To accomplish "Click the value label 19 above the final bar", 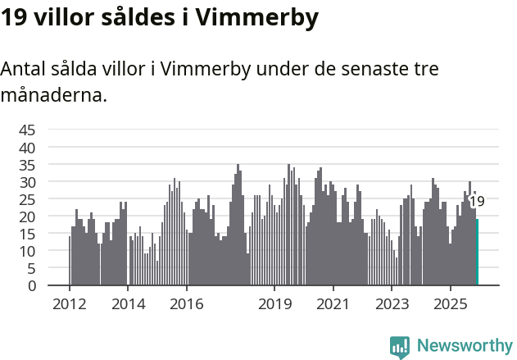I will [476, 202].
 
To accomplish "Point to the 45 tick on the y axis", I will [27, 130].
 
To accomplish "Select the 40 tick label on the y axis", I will [27, 147].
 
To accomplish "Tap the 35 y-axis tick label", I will [27, 164].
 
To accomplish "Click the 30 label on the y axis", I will [27, 181].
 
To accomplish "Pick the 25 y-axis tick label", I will [27, 199].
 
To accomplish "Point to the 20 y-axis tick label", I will [27, 216].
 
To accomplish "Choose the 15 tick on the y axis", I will [27, 234].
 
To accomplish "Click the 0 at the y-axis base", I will [32, 285].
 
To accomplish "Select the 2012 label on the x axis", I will [69, 304].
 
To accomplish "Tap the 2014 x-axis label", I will [128, 304].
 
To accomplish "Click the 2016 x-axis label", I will [187, 304].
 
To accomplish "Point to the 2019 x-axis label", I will [274, 304].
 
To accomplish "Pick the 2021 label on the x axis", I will [333, 304].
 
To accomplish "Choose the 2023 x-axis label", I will [392, 304].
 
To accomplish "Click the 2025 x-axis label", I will [451, 304].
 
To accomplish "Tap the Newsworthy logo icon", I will [400, 347].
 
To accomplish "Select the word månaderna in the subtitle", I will [53, 95].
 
